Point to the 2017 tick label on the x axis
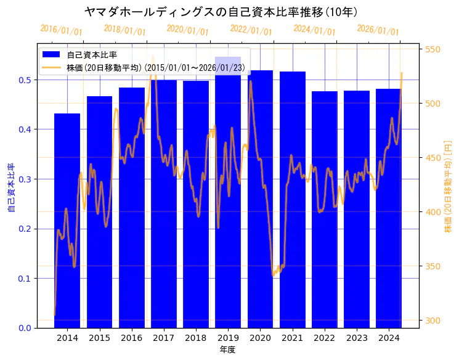(164, 338)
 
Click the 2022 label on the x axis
(325, 338)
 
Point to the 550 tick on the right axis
(433, 49)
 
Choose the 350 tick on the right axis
(433, 266)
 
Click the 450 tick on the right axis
(433, 158)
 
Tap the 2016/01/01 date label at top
(61, 30)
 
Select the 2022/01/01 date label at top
(251, 30)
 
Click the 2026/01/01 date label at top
(378, 30)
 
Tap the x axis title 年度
(227, 350)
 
